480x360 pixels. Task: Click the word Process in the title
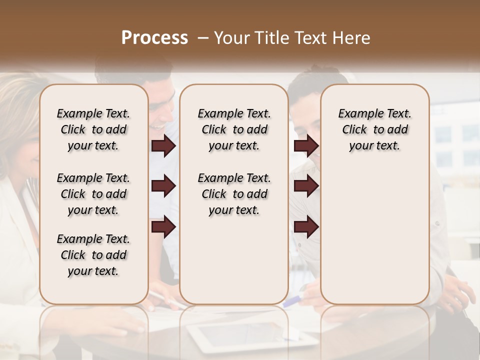click(154, 38)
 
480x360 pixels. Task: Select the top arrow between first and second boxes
click(163, 146)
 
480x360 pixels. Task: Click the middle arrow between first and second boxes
click(163, 186)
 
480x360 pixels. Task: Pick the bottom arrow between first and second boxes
click(163, 227)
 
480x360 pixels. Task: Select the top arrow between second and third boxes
click(306, 146)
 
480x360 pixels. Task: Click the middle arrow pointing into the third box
click(306, 186)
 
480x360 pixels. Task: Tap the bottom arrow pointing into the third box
click(306, 227)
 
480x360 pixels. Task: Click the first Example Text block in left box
click(93, 129)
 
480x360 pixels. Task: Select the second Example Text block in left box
click(93, 194)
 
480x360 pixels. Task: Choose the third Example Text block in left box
click(93, 255)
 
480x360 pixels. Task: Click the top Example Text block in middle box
click(234, 129)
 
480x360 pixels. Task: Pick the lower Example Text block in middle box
click(234, 194)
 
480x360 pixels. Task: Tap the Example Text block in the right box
click(374, 129)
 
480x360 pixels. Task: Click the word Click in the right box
click(354, 130)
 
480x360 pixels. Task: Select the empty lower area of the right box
click(374, 230)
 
